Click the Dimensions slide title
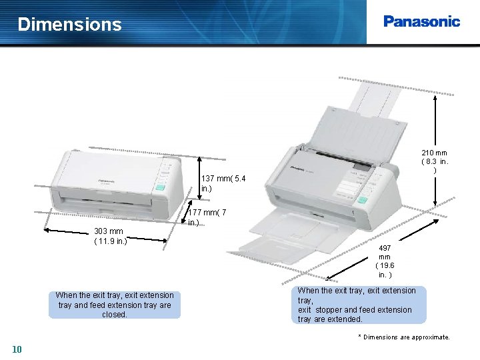[x=69, y=25]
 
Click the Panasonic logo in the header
[x=421, y=21]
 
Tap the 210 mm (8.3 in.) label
[x=434, y=161]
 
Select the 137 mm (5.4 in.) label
[x=223, y=183]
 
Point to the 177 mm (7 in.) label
[x=207, y=217]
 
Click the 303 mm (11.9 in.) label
[x=109, y=236]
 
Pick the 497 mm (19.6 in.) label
[x=385, y=261]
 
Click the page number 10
[x=17, y=349]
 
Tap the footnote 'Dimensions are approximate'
[x=404, y=337]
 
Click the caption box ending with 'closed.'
[x=115, y=305]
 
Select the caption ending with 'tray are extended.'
[x=358, y=305]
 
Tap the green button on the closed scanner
[x=160, y=187]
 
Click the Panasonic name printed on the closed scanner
[x=106, y=181]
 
